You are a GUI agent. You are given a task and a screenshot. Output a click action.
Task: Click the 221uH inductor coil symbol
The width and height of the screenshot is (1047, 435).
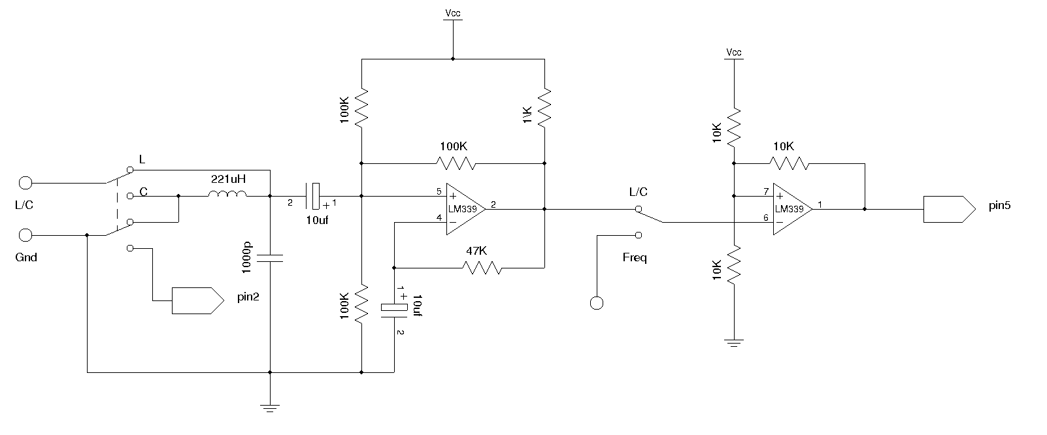(x=227, y=193)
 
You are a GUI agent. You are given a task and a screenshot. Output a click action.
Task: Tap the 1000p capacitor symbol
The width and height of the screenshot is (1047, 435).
(x=270, y=259)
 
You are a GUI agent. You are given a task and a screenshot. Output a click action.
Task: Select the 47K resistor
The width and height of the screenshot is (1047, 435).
(x=482, y=268)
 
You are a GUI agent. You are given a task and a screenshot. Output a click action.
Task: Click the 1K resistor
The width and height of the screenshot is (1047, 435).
(x=544, y=108)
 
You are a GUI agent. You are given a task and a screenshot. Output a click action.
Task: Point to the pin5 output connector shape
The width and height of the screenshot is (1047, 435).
(x=950, y=209)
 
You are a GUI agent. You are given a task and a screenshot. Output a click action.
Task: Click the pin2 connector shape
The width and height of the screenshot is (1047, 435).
(x=198, y=300)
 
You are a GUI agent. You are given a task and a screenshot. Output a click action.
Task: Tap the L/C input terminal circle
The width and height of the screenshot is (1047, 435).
(x=25, y=183)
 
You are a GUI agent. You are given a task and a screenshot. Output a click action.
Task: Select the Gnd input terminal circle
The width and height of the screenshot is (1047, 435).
(x=25, y=235)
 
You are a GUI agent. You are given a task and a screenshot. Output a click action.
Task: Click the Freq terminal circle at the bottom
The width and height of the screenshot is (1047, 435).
(x=597, y=303)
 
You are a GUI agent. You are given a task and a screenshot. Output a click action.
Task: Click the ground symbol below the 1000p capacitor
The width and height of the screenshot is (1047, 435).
(x=270, y=408)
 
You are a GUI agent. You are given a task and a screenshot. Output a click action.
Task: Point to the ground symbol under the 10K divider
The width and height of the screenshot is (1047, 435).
(x=734, y=343)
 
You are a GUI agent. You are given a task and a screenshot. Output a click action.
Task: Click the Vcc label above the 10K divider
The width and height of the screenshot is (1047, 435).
(x=734, y=52)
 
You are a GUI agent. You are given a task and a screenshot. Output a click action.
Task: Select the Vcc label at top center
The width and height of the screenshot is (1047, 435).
(x=452, y=12)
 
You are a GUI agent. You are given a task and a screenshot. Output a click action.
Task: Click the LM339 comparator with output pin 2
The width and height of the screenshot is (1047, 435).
(x=465, y=209)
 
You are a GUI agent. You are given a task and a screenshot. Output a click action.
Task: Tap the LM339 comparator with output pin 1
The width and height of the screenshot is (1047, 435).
(x=793, y=209)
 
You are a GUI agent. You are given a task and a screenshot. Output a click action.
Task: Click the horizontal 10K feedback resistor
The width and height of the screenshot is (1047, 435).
(x=789, y=163)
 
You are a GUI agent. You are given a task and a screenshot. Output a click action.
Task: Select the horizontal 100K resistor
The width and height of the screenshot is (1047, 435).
(x=456, y=163)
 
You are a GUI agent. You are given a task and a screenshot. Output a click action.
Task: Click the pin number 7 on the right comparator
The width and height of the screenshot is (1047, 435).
(x=765, y=191)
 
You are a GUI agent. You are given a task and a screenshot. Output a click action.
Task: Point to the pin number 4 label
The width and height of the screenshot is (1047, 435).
(x=439, y=217)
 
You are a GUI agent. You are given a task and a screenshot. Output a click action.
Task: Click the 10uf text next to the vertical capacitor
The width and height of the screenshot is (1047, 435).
(x=418, y=306)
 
